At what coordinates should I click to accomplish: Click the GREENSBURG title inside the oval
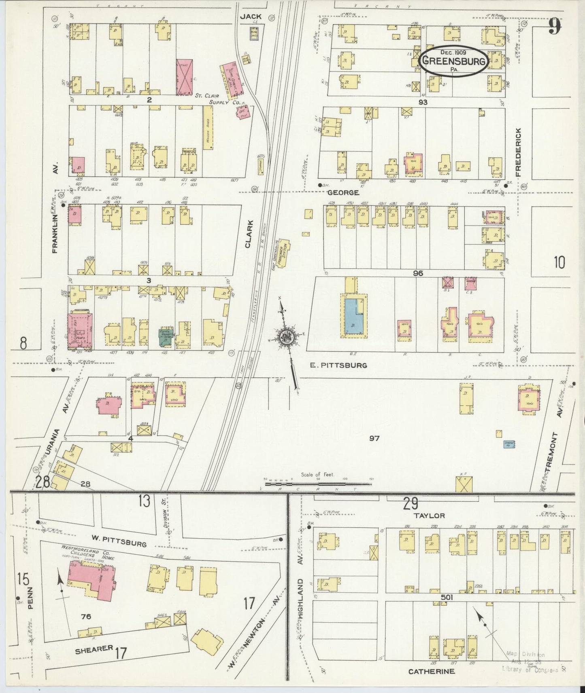pos(453,61)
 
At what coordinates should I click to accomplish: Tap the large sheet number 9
pos(555,27)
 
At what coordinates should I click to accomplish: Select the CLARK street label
pos(249,233)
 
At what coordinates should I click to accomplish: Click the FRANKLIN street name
pos(56,228)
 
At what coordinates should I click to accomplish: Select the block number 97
pos(374,437)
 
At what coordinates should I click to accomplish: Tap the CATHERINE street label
pos(431,671)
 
